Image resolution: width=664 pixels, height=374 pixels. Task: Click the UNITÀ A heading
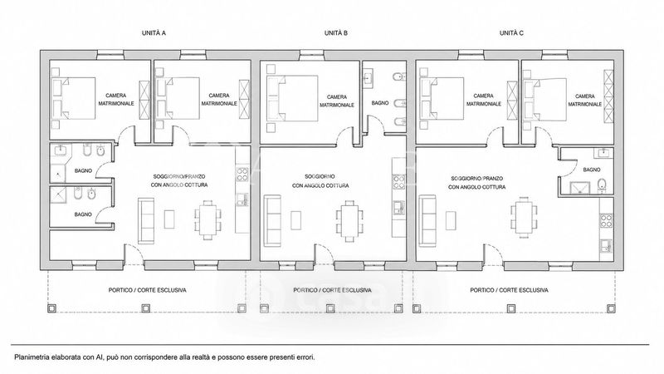[154, 32]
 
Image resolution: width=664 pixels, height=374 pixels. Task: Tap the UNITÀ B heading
[336, 32]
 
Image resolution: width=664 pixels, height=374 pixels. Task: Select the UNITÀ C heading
[511, 32]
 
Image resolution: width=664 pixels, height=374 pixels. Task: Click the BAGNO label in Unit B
[380, 103]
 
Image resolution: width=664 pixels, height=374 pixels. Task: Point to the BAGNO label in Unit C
[592, 170]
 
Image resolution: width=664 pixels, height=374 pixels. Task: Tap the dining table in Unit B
[349, 221]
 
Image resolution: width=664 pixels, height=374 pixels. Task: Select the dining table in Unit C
[525, 217]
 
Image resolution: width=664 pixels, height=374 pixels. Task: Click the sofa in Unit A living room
[147, 220]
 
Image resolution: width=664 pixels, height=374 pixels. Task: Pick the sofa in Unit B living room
[272, 221]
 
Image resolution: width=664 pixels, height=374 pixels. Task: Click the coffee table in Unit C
[451, 220]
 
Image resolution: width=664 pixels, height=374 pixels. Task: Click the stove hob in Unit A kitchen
[242, 175]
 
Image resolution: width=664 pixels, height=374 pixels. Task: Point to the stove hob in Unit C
[606, 220]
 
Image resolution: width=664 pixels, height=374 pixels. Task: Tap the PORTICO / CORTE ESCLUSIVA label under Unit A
[148, 290]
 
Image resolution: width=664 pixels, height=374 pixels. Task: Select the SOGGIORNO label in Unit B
[320, 176]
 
